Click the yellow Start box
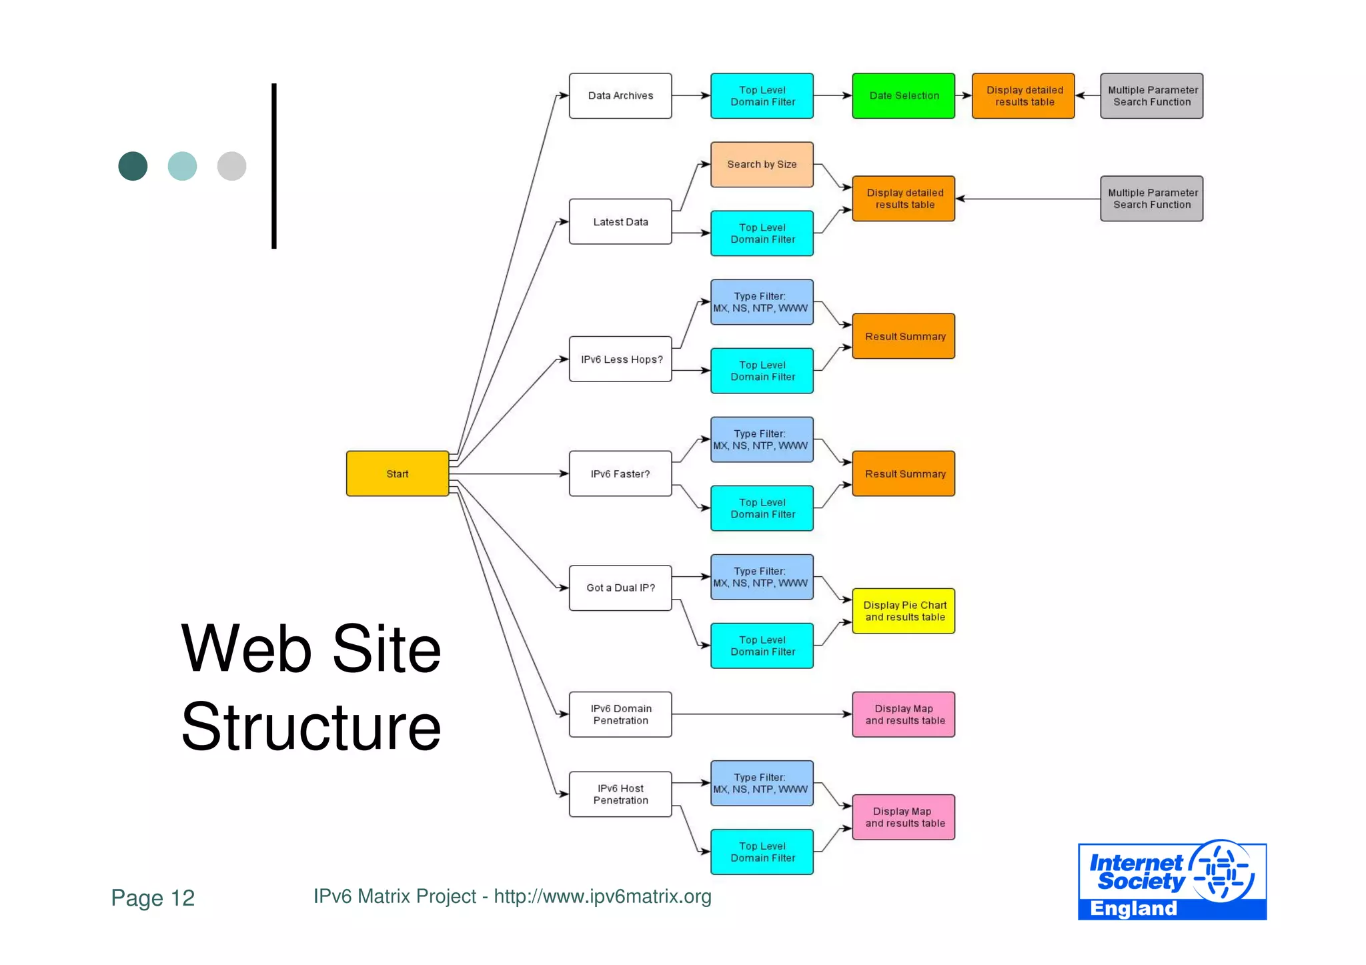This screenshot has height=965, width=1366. click(x=398, y=473)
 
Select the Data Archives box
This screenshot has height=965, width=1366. click(x=620, y=96)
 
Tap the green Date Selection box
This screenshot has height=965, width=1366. click(x=904, y=96)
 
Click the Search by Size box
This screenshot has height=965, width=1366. click(x=762, y=165)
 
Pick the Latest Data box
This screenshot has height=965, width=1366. click(x=620, y=222)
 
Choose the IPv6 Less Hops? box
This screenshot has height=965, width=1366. click(x=620, y=359)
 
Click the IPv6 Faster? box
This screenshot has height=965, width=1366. click(x=620, y=473)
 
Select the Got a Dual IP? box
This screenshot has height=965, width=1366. click(x=620, y=588)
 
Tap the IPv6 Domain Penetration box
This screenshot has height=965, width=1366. click(x=620, y=714)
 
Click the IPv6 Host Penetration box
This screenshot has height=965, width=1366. click(x=620, y=794)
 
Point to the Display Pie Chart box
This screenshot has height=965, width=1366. click(x=904, y=611)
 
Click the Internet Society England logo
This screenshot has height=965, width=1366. click(x=1172, y=880)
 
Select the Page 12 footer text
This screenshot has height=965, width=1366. click(x=153, y=898)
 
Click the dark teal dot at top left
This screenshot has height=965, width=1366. click(x=133, y=166)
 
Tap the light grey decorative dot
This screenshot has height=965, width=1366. click(x=231, y=166)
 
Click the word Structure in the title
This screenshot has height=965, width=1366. click(x=311, y=727)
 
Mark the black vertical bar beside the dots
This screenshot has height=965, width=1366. click(x=274, y=166)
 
